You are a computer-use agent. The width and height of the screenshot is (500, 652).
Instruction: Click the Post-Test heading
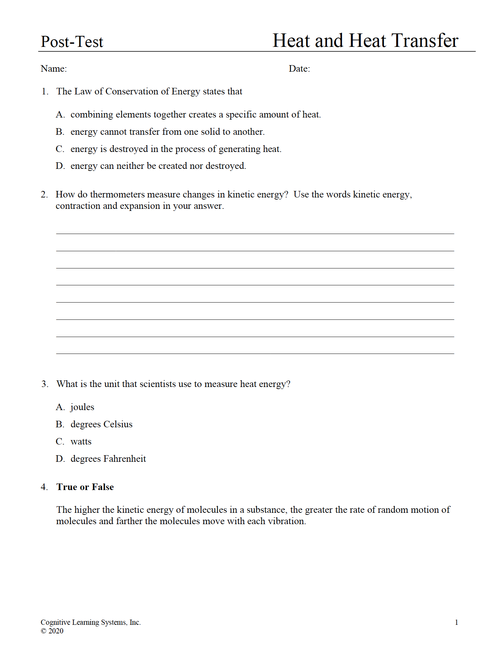coord(72,42)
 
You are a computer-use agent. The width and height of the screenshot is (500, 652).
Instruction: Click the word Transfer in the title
coord(425,41)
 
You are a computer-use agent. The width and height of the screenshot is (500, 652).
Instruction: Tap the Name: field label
coord(53,69)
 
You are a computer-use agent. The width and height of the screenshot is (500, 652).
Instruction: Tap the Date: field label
coord(299,69)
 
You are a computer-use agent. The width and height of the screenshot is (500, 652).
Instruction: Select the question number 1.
coord(44,91)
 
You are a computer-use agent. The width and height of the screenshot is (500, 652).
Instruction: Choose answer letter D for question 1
coord(60,166)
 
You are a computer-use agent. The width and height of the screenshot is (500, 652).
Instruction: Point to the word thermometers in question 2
coord(117,194)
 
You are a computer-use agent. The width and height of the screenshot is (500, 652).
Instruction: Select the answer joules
coord(82,407)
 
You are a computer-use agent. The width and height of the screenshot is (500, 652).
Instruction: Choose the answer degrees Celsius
coord(101,424)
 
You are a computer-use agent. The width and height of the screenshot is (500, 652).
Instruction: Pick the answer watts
coord(81,441)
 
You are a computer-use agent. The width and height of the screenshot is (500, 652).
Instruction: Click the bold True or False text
coord(85,487)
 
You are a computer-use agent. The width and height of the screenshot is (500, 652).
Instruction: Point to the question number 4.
coord(44,487)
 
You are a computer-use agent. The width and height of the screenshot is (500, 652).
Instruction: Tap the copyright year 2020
coord(56,631)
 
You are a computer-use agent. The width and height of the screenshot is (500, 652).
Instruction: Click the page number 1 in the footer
coord(456,622)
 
